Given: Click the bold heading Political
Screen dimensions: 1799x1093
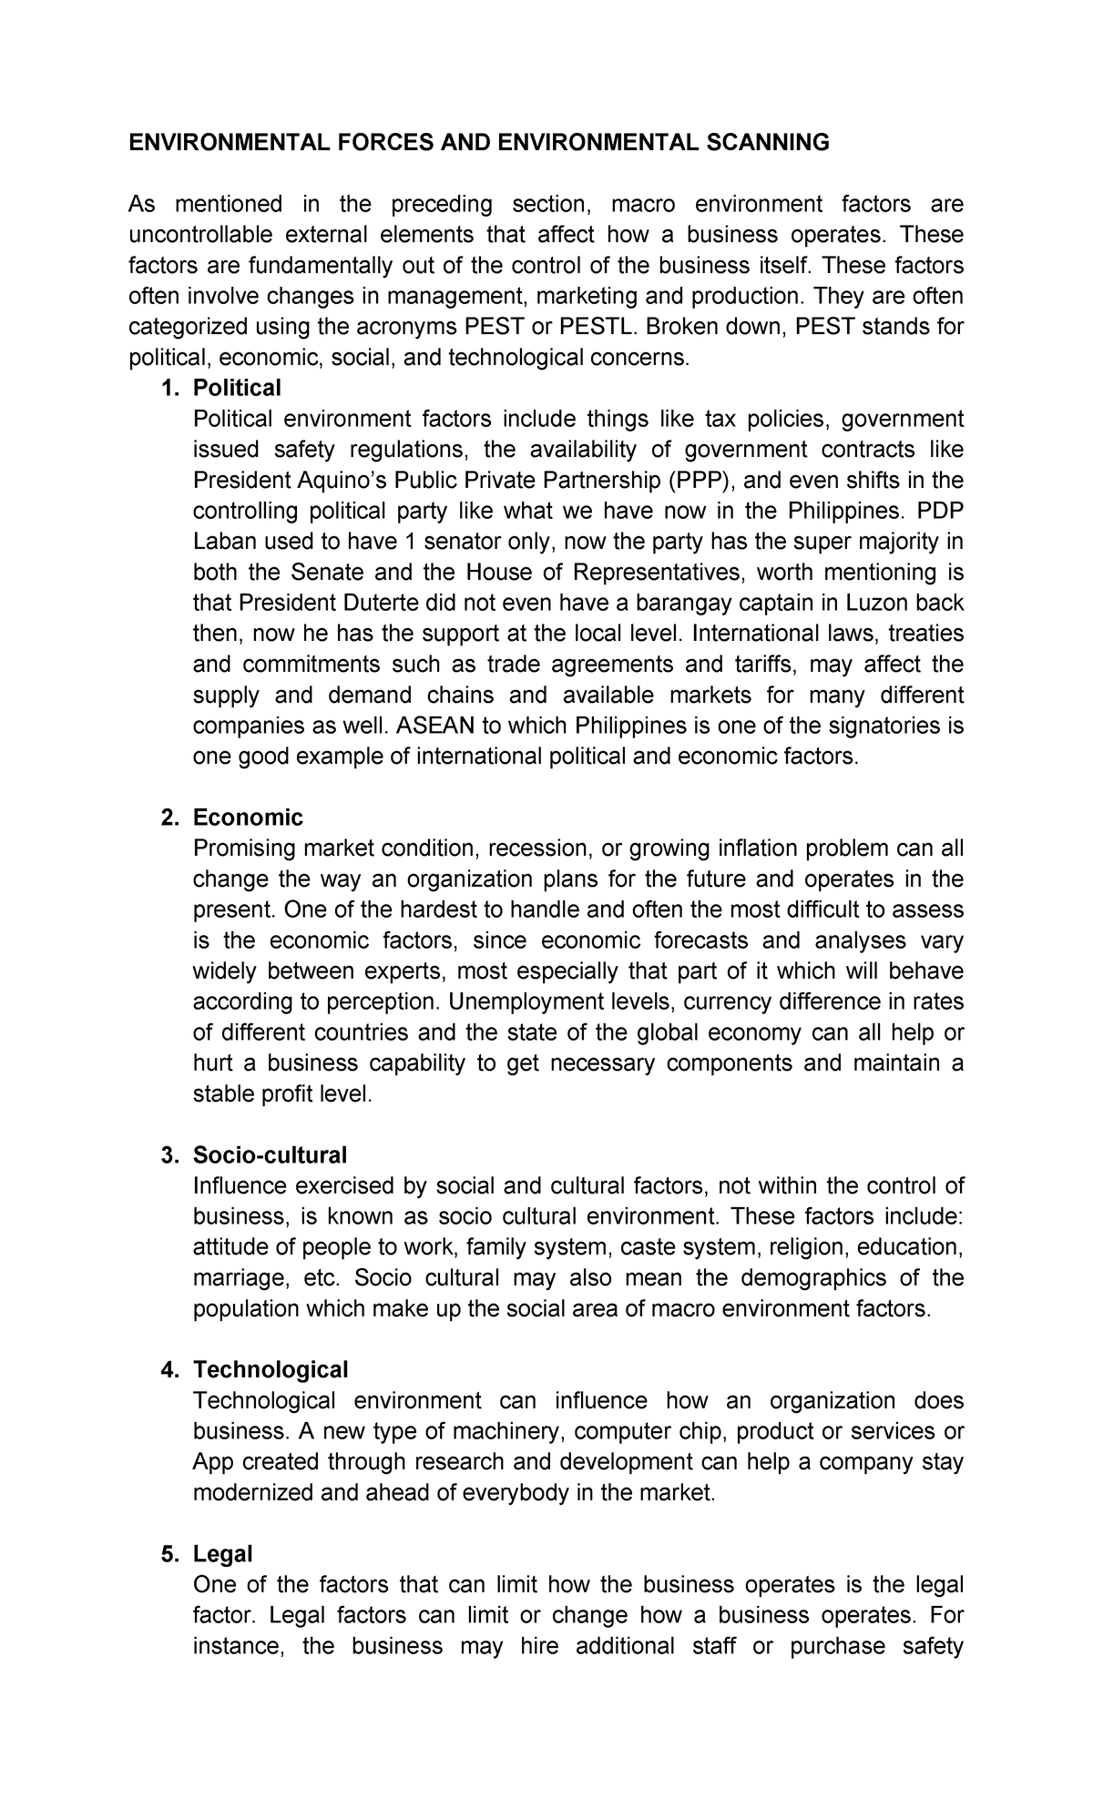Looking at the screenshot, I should click(237, 388).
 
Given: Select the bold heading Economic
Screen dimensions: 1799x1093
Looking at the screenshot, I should click(248, 818).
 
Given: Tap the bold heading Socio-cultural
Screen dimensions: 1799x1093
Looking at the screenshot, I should click(270, 1155).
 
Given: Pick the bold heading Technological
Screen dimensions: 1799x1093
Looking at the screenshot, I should click(271, 1370).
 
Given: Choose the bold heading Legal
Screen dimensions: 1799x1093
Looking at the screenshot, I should click(222, 1554).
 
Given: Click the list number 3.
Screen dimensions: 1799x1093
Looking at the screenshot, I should click(168, 1155).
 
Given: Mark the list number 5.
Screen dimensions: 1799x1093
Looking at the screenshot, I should click(168, 1554).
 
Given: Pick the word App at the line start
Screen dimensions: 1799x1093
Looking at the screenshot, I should click(214, 1462).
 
